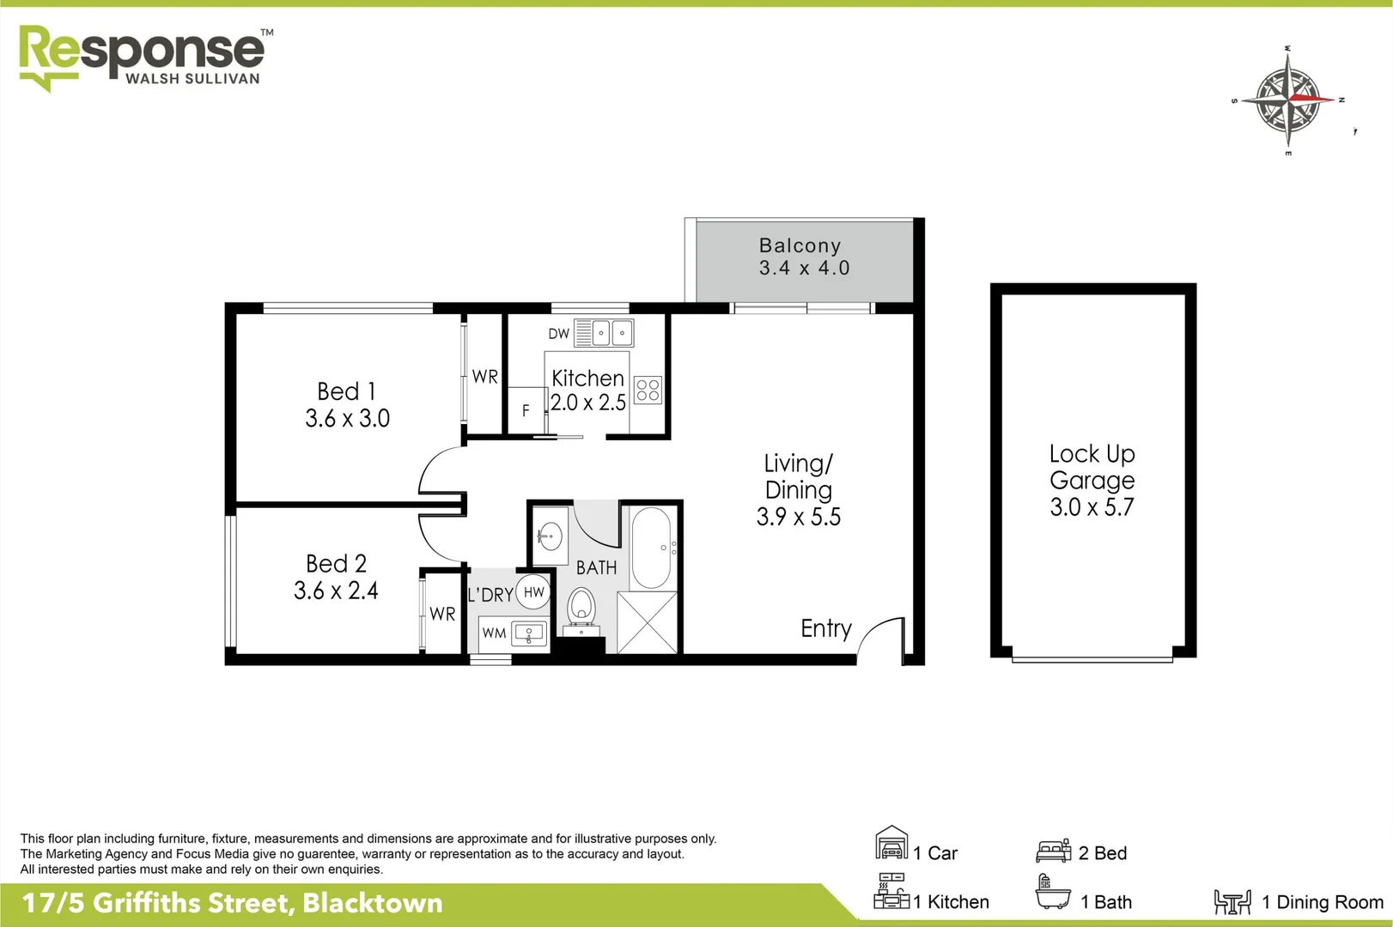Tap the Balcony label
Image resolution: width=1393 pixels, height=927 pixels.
pos(800,245)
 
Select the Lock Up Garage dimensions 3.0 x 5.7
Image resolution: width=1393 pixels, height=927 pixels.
pos(1092,507)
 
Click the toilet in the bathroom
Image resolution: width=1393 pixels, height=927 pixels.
pos(582,605)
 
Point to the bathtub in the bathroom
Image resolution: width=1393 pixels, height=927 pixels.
pos(651,547)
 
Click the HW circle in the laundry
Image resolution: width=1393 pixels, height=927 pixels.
pos(533,591)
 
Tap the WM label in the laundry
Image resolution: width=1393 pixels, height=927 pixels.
pos(494,633)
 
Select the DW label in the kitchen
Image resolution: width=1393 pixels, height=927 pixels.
pos(559,334)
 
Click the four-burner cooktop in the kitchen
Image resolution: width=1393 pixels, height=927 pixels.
pos(648,391)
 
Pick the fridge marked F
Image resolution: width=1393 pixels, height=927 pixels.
pos(526,411)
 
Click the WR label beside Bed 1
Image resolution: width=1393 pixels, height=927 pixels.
pos(484,377)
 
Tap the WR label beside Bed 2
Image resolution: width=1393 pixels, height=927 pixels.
pos(442,614)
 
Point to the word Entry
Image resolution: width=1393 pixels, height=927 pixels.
pos(825,628)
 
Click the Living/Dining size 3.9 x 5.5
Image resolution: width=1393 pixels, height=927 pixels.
pos(798,517)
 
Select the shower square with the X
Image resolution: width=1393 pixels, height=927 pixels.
pos(648,621)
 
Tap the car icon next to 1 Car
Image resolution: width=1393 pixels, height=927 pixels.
pos(891,845)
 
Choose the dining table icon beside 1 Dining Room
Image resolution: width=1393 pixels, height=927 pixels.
pos(1232,901)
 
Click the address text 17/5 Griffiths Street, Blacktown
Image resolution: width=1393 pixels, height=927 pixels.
pos(232,903)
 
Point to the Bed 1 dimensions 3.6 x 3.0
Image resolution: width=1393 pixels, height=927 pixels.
pos(347,418)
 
